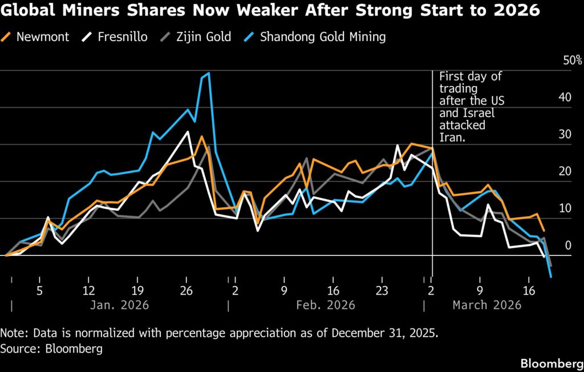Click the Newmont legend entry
click(42, 37)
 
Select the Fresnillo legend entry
click(121, 37)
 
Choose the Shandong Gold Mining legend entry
click(322, 37)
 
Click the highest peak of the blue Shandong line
click(209, 73)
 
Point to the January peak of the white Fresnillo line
click(188, 132)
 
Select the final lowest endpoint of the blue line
click(551, 277)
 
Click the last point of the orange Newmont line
click(544, 230)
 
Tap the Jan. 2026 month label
click(119, 305)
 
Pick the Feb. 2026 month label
click(326, 305)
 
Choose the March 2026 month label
click(486, 305)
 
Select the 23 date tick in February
click(382, 290)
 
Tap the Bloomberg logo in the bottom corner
click(547, 363)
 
